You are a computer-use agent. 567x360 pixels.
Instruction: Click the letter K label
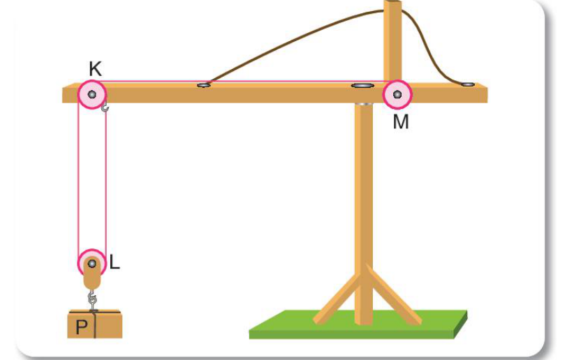coord(96,68)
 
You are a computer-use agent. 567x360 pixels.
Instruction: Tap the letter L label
coord(115,262)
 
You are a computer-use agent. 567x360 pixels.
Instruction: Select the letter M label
coord(401,122)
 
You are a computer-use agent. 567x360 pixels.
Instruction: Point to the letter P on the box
coord(82,327)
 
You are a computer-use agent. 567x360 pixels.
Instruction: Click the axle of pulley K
coord(92,94)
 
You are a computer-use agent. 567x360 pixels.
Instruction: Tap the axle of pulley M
coord(397,94)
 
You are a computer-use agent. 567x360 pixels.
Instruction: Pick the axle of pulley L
coord(92,263)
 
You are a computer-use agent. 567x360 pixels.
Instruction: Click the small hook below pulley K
coord(105,107)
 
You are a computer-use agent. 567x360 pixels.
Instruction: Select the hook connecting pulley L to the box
coord(93,299)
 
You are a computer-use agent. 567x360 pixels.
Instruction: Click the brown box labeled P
coord(95,324)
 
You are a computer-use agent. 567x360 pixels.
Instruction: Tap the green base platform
coord(358,324)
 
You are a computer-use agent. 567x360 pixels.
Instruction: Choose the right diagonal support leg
coord(393,294)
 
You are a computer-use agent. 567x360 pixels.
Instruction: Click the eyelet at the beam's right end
coord(469,84)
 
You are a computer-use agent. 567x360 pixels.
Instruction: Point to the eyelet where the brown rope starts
coord(204,85)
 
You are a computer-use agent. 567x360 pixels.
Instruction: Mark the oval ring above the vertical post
coord(363,86)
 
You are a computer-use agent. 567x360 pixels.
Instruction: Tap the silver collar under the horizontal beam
coord(363,104)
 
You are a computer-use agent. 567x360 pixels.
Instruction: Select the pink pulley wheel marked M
coord(397,94)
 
